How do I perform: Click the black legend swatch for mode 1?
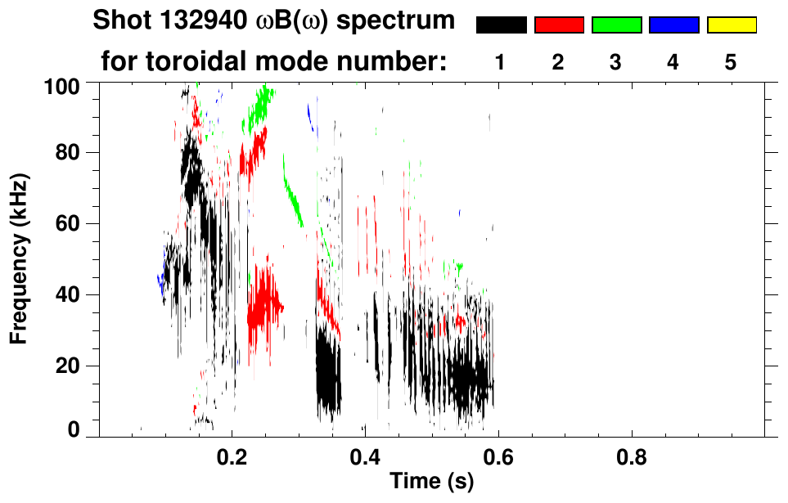501,25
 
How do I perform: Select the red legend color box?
559,25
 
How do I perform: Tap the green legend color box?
616,25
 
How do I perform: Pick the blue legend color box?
673,25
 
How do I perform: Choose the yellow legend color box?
731,25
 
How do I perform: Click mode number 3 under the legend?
615,62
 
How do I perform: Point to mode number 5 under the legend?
731,62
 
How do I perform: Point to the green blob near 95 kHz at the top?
260,106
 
